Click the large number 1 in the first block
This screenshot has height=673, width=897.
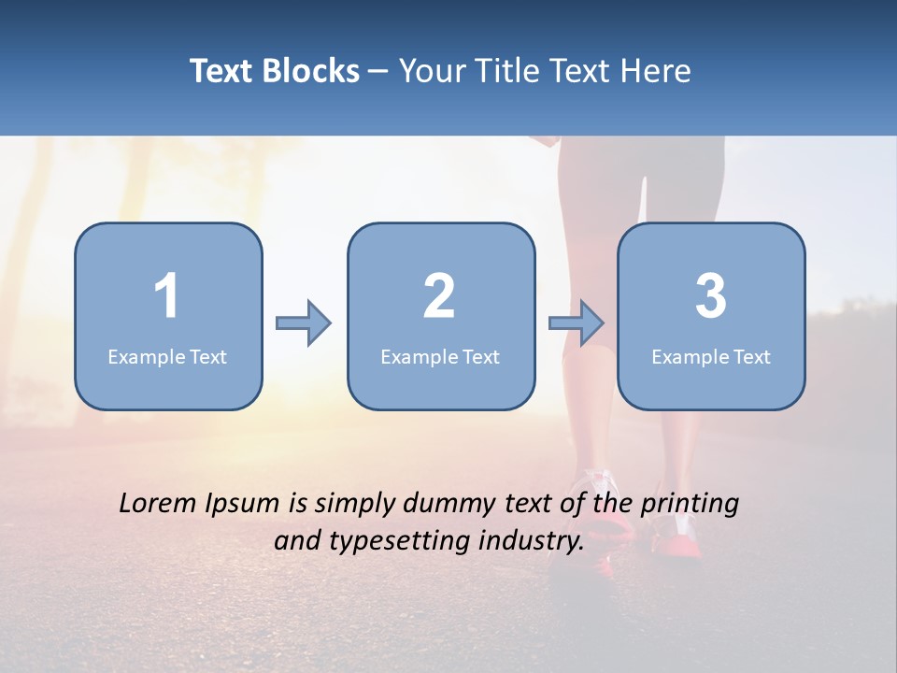[x=166, y=296]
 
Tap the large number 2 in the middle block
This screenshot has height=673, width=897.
[x=439, y=296]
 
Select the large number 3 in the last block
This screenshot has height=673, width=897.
[x=711, y=296]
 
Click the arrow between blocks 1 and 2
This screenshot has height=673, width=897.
[x=304, y=323]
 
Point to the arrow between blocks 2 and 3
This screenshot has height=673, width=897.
[x=577, y=323]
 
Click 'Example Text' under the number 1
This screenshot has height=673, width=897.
[x=167, y=357]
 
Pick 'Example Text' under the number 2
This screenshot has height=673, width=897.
[x=440, y=357]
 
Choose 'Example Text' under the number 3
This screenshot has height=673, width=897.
[x=711, y=357]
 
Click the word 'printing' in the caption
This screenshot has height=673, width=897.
[x=691, y=505]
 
